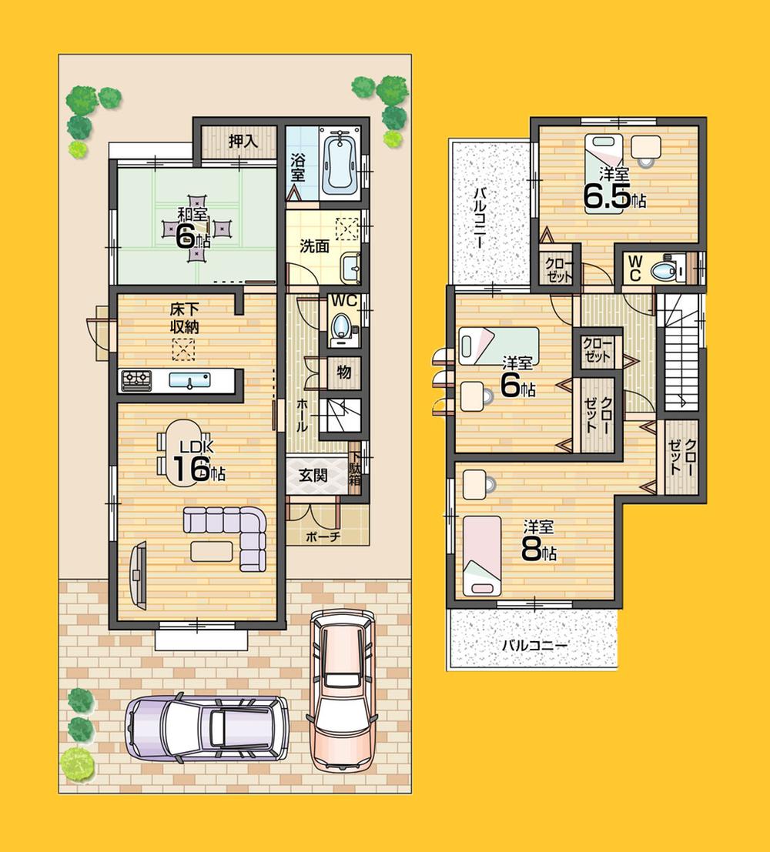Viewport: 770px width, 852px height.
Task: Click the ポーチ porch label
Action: pos(323,536)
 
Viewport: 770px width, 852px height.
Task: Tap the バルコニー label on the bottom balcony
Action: pos(534,645)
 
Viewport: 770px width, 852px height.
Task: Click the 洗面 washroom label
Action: pos(314,246)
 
